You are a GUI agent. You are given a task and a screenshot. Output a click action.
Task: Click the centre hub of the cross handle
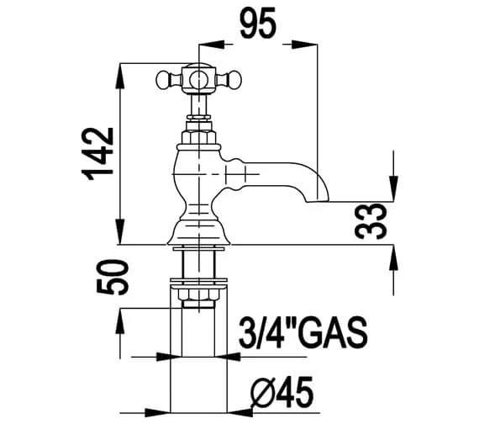199,81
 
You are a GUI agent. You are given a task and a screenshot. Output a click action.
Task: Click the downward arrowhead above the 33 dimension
392,193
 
